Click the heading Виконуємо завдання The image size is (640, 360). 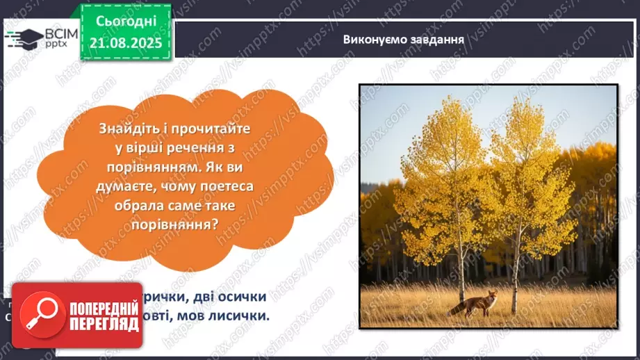tap(403, 39)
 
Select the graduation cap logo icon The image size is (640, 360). tap(22, 38)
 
